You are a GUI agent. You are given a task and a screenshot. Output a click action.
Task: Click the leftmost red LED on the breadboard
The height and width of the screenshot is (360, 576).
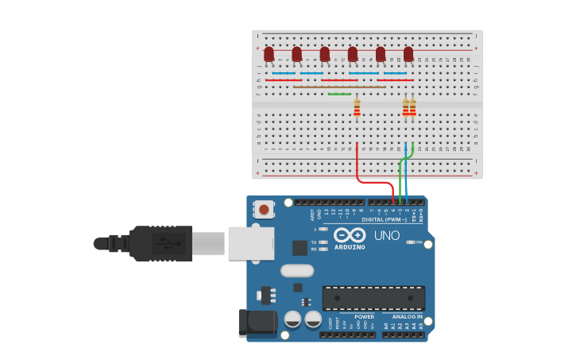[269, 53]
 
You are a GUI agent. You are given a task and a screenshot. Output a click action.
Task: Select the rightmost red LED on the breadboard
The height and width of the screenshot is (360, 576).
[408, 53]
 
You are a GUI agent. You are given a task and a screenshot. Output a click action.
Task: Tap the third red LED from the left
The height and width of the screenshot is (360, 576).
[324, 53]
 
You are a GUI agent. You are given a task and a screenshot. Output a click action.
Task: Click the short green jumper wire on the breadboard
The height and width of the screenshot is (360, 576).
[339, 95]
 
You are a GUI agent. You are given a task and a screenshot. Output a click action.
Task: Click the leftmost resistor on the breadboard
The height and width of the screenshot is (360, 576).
[357, 107]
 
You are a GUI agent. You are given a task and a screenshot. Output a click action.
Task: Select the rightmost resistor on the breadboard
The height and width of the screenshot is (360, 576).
[412, 107]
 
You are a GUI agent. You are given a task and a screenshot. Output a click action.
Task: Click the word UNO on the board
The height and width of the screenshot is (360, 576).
[387, 235]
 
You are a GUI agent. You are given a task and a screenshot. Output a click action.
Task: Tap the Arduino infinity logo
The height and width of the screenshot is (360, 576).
[350, 235]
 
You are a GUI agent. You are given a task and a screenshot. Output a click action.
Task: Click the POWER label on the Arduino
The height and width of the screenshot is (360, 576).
[365, 316]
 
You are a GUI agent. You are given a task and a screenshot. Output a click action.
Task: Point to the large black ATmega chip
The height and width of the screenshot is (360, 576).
[373, 298]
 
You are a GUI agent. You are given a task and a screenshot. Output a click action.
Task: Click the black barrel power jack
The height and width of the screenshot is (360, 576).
[257, 323]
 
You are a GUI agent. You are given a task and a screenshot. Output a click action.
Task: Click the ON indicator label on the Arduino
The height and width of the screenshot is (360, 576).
[419, 242]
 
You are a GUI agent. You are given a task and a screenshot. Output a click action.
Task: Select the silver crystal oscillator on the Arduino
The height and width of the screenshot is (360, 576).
[296, 270]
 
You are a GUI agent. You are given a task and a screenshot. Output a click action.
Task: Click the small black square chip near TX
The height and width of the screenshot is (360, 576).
[300, 247]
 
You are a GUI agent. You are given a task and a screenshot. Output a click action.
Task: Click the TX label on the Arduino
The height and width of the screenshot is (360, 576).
[314, 242]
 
